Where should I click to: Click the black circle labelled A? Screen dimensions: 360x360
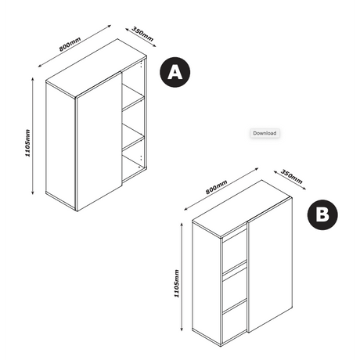pyautogui.click(x=175, y=72)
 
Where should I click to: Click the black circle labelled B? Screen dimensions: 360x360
pyautogui.click(x=322, y=215)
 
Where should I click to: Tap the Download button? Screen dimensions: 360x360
pyautogui.click(x=265, y=133)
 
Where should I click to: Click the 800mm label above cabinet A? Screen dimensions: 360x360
pyautogui.click(x=70, y=44)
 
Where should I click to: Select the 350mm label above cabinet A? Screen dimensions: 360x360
pyautogui.click(x=142, y=34)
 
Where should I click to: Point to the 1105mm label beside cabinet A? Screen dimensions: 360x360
pyautogui.click(x=27, y=143)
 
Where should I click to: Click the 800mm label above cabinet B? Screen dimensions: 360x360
pyautogui.click(x=216, y=187)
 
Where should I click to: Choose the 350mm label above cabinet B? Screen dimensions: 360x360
pyautogui.click(x=292, y=177)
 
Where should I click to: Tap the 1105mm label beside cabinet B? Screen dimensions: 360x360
pyautogui.click(x=177, y=283)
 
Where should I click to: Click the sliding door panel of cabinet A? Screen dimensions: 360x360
pyautogui.click(x=99, y=142)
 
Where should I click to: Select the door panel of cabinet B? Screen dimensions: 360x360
pyautogui.click(x=270, y=265)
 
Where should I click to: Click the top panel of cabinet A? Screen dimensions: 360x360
pyautogui.click(x=96, y=68)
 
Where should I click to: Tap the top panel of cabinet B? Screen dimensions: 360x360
pyautogui.click(x=241, y=209)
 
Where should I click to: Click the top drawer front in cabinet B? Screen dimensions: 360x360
pyautogui.click(x=234, y=250)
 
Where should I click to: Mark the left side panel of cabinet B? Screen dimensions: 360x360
pyautogui.click(x=207, y=283)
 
